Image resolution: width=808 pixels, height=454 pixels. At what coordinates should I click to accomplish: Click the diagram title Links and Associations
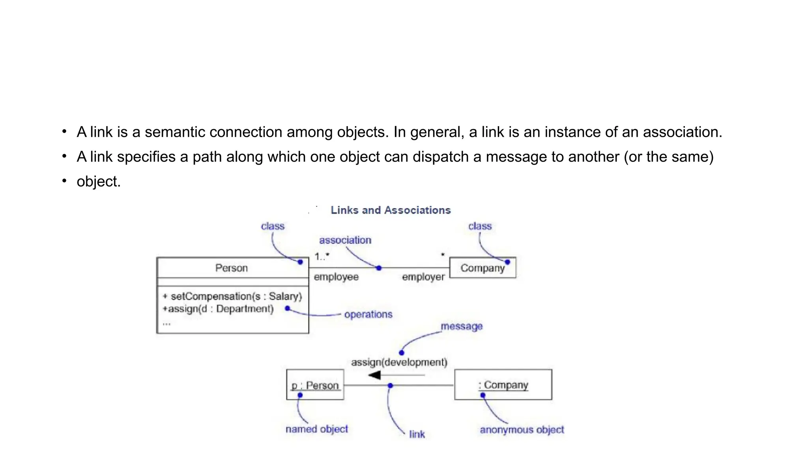pyautogui.click(x=390, y=210)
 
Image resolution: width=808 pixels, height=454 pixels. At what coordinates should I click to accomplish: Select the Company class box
pyautogui.click(x=482, y=268)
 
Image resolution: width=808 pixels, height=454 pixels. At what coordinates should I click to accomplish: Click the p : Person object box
pyautogui.click(x=315, y=385)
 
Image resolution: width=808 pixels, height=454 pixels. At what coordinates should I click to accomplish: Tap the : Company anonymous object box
pyautogui.click(x=503, y=385)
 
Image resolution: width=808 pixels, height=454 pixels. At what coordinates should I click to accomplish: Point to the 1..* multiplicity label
pyautogui.click(x=322, y=257)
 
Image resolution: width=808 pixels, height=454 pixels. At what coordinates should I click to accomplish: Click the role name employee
pyautogui.click(x=336, y=277)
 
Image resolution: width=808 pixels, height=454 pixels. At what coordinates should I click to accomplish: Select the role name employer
pyautogui.click(x=423, y=277)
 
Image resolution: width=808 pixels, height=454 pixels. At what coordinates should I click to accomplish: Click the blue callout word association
pyautogui.click(x=345, y=240)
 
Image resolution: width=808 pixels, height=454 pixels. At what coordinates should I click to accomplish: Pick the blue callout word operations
pyautogui.click(x=368, y=314)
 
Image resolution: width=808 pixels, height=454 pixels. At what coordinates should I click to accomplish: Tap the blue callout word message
pyautogui.click(x=462, y=326)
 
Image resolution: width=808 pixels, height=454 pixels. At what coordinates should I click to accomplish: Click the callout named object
pyautogui.click(x=317, y=429)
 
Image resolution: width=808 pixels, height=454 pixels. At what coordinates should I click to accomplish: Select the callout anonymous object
pyautogui.click(x=522, y=430)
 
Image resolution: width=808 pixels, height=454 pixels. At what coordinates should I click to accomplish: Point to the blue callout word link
pyautogui.click(x=417, y=434)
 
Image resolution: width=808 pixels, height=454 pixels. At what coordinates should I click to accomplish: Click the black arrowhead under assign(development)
pyautogui.click(x=375, y=375)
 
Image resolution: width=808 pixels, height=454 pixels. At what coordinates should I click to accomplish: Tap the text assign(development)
pyautogui.click(x=399, y=362)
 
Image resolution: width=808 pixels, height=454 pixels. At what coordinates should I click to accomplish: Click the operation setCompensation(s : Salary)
pyautogui.click(x=233, y=296)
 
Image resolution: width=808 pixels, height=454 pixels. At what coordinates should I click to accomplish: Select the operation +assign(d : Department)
pyautogui.click(x=218, y=309)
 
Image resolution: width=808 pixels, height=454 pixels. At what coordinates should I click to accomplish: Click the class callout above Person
pyautogui.click(x=273, y=226)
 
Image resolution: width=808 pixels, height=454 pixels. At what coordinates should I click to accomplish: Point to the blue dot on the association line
pyautogui.click(x=379, y=268)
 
